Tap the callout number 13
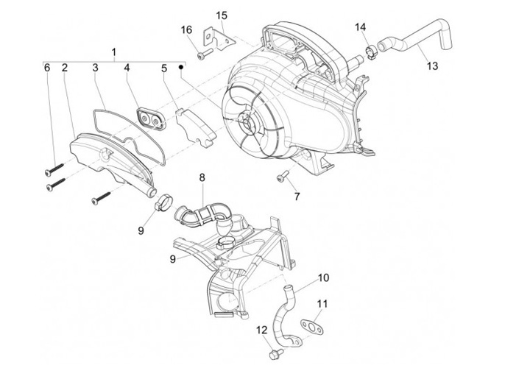(x=431, y=66)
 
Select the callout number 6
(x=47, y=68)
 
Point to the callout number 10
(x=323, y=279)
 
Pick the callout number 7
(x=297, y=197)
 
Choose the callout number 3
(x=95, y=68)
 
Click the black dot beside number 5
(x=180, y=67)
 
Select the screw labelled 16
(x=204, y=53)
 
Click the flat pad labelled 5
(x=197, y=124)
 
